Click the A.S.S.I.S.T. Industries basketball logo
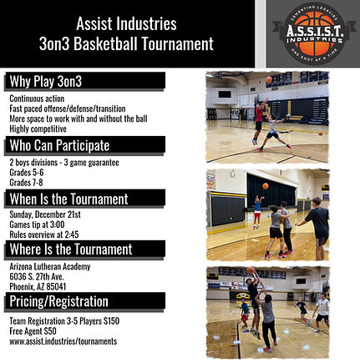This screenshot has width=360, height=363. click(307, 33)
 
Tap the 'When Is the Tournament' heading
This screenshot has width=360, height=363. click(68, 199)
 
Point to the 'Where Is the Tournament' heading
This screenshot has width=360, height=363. click(70, 250)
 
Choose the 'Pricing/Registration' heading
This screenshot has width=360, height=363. click(58, 301)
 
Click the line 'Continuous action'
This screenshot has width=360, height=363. click(35, 97)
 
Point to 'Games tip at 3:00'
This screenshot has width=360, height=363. click(37, 224)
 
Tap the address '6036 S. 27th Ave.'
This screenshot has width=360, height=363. click(36, 276)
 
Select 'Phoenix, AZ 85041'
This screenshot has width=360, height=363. click(38, 286)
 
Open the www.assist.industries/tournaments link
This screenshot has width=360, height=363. click(63, 341)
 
